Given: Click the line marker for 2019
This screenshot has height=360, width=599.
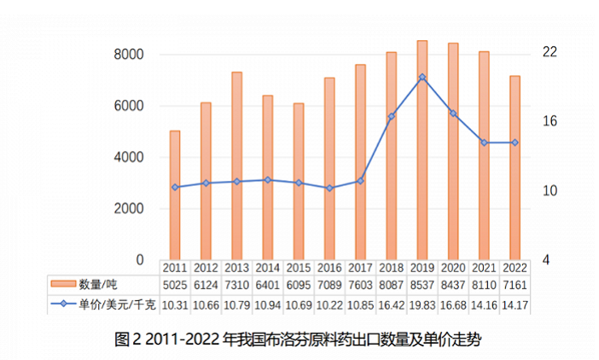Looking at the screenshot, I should click(422, 77).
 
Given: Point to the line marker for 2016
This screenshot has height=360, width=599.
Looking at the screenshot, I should click(329, 188).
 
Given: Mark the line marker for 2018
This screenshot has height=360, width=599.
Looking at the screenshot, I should click(392, 116).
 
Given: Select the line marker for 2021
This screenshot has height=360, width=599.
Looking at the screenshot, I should click(485, 142).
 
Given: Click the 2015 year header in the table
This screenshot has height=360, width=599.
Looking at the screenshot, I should click(299, 268).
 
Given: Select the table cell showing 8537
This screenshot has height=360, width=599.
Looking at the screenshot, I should click(422, 285).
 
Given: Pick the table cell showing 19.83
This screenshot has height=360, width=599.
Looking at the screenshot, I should click(422, 304).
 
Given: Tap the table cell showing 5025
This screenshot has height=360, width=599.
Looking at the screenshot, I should click(175, 285).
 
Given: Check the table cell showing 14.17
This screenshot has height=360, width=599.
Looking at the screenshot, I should click(515, 304).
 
